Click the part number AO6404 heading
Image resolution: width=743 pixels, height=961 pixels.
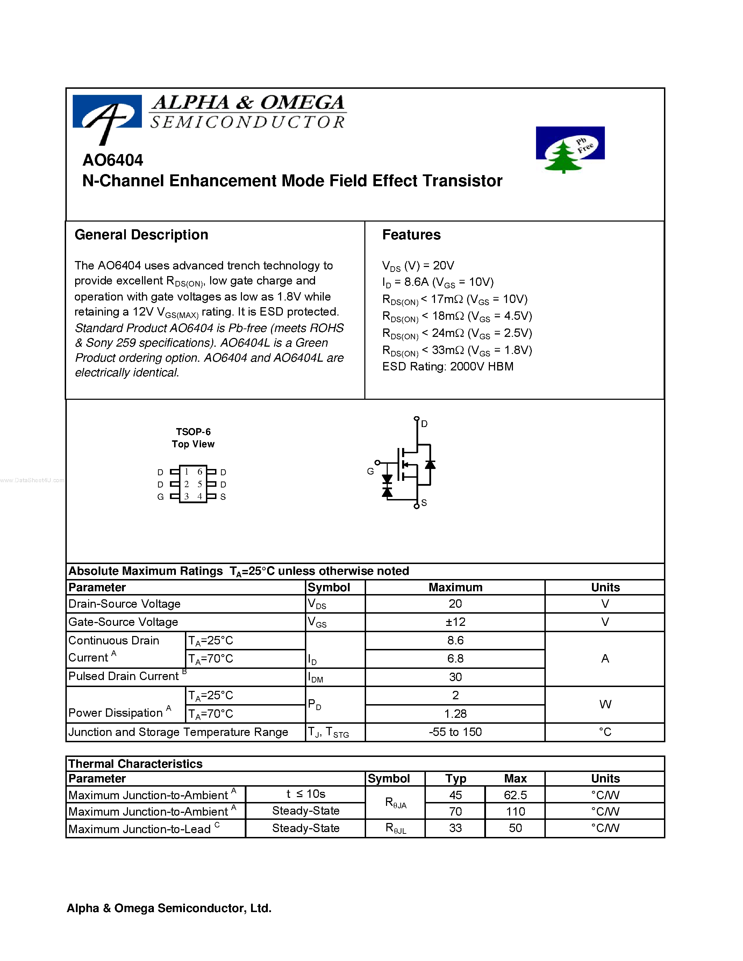[113, 160]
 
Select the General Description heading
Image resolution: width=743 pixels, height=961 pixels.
[141, 235]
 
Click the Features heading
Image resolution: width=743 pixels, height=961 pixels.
[411, 235]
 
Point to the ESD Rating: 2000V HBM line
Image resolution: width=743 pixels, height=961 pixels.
[448, 367]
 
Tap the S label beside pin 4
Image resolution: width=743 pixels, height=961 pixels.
[223, 497]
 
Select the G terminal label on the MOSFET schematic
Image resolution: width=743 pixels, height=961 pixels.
[370, 471]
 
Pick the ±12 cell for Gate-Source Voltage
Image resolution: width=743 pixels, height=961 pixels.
[455, 622]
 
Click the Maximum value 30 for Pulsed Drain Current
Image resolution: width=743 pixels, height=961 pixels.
[455, 677]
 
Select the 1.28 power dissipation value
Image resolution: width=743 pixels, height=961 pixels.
[455, 713]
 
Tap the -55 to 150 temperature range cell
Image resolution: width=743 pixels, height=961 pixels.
[455, 732]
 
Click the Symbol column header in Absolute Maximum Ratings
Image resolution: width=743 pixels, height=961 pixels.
[329, 587]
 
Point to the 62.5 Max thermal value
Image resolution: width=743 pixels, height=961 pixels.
[515, 795]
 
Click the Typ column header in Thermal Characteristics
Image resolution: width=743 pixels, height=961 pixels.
[455, 778]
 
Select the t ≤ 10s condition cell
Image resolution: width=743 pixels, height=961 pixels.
[306, 794]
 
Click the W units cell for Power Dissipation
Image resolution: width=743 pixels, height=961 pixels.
[605, 704]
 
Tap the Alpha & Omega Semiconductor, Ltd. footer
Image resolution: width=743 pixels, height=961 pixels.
[169, 908]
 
